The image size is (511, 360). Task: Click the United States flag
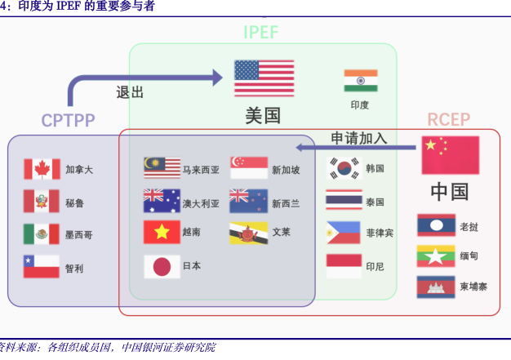(264, 78)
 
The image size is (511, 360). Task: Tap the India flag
(360, 81)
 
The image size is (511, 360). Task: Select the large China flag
(450, 155)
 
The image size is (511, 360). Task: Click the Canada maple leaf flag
(42, 169)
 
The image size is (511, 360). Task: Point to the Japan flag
(162, 266)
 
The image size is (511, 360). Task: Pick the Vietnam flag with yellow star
(162, 232)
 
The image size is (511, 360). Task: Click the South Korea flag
(344, 168)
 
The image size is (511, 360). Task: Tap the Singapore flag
(249, 168)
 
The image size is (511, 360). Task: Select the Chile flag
(42, 267)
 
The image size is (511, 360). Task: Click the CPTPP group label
(69, 121)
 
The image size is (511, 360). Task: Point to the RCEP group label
(449, 120)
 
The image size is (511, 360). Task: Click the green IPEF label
(260, 33)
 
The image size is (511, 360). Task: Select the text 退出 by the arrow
(130, 92)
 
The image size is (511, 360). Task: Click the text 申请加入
(358, 138)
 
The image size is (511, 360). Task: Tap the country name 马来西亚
(201, 170)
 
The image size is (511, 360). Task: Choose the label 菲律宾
(380, 233)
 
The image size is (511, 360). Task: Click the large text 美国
(263, 115)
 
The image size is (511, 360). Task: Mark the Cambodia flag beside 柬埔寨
(436, 287)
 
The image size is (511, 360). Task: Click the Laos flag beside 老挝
(436, 225)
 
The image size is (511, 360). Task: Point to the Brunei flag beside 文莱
(249, 233)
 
